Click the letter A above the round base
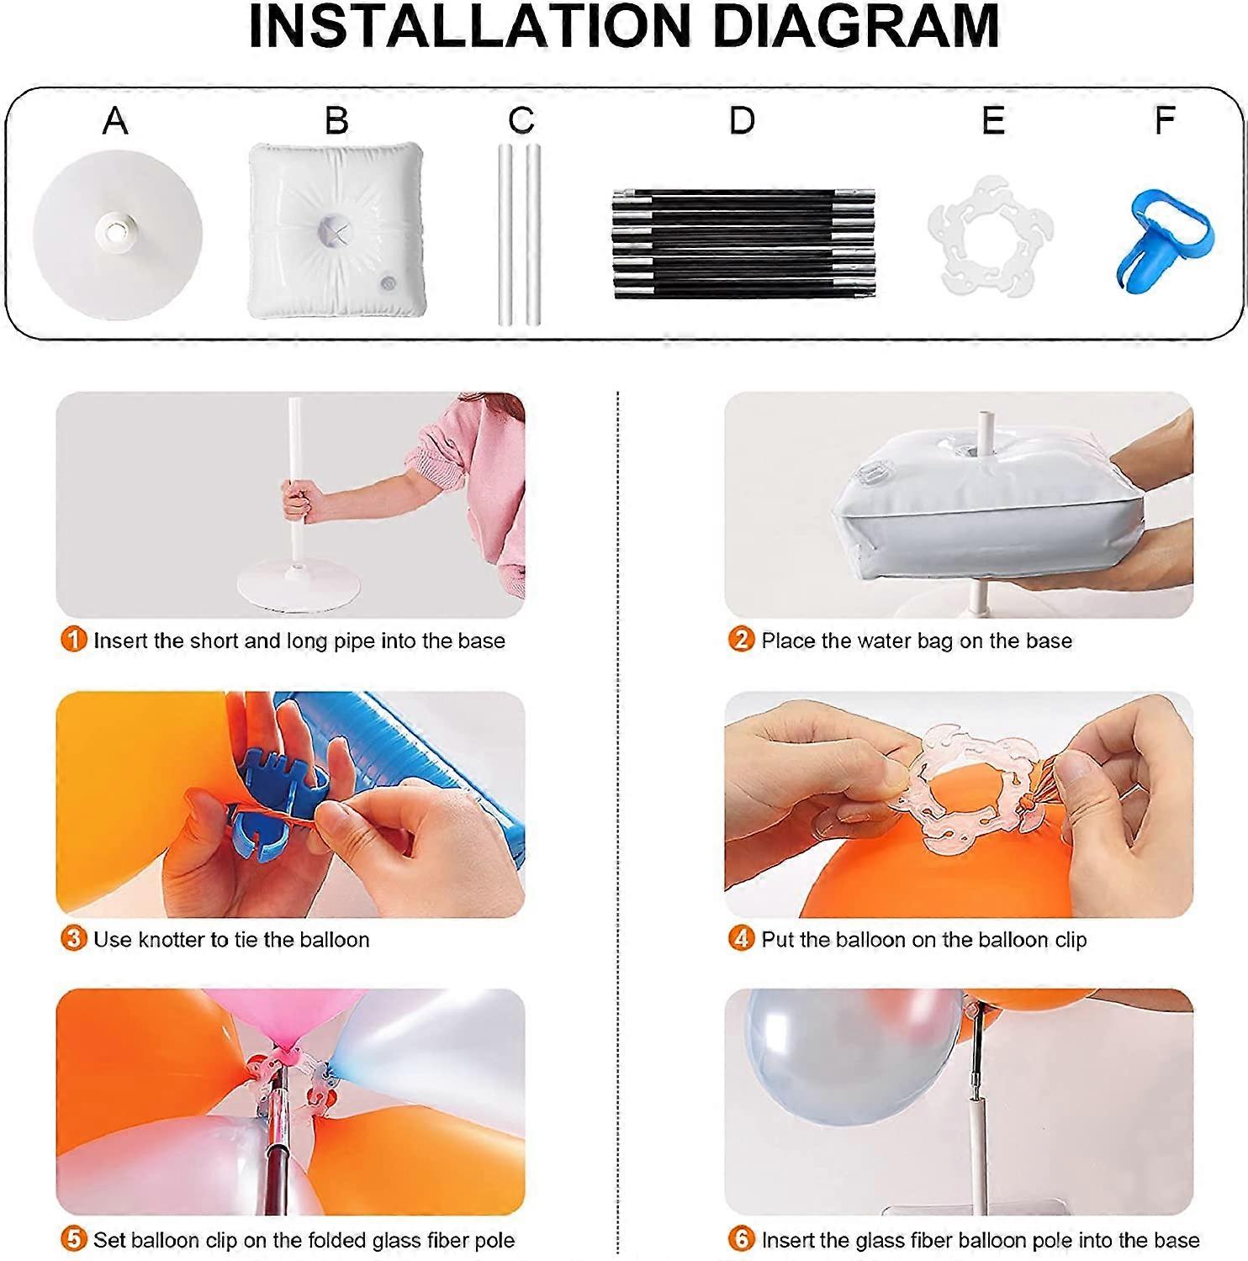coord(115,121)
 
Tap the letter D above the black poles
coord(742,121)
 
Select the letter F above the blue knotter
coord(1165,121)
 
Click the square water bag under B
coord(336,230)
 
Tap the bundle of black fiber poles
coord(744,245)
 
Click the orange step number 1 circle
coord(74,640)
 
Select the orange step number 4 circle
coord(741,938)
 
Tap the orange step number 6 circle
coord(741,1238)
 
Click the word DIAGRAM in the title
coord(856,27)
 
